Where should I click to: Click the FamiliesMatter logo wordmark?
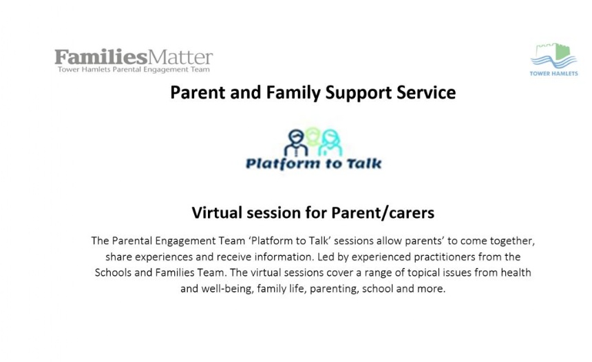(x=134, y=57)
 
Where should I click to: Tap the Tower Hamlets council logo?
(x=553, y=60)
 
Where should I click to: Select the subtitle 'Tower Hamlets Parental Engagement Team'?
(x=134, y=70)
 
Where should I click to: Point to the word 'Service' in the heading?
(x=426, y=92)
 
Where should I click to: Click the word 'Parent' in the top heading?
(x=198, y=92)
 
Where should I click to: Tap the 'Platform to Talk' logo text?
(x=313, y=163)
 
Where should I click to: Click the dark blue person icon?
(x=296, y=143)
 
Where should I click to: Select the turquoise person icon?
(x=330, y=143)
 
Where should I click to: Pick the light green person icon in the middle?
(x=313, y=137)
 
